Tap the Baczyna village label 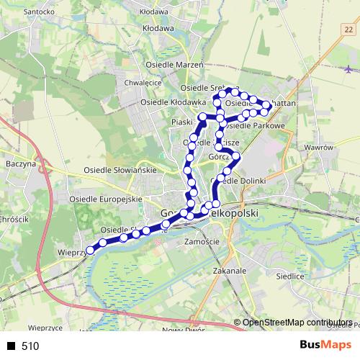(x=20, y=163)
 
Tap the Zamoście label (x=202, y=241)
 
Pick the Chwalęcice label (x=143, y=83)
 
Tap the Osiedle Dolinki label (x=243, y=180)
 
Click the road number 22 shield (x=348, y=29)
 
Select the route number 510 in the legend (x=30, y=346)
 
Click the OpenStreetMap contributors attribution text (x=297, y=323)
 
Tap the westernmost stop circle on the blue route (x=90, y=251)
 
